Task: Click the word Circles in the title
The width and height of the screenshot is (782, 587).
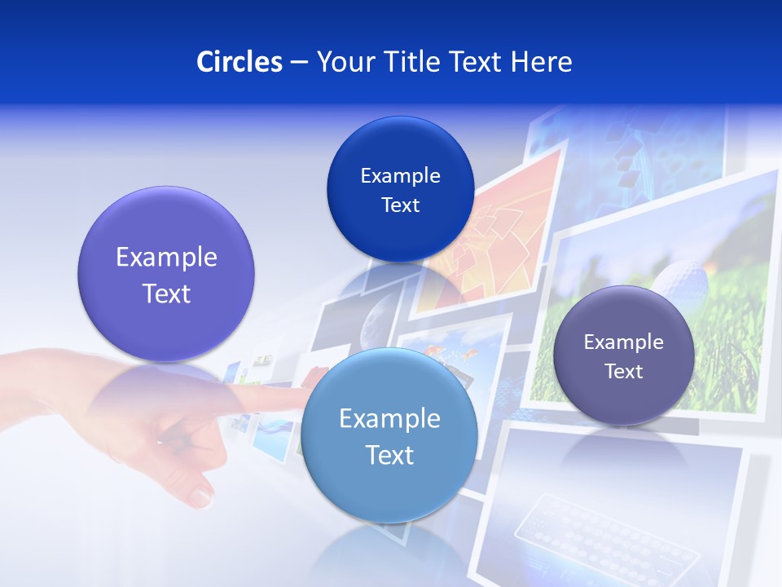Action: pos(239,62)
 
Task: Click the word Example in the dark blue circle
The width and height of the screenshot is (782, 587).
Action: pos(400,176)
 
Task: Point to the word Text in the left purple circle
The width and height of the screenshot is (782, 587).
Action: pos(166,293)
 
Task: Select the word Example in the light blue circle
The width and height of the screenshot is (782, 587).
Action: pos(389,419)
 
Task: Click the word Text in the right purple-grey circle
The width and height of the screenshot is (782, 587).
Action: pos(624,372)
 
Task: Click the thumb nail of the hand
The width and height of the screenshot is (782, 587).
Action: pos(199,493)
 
